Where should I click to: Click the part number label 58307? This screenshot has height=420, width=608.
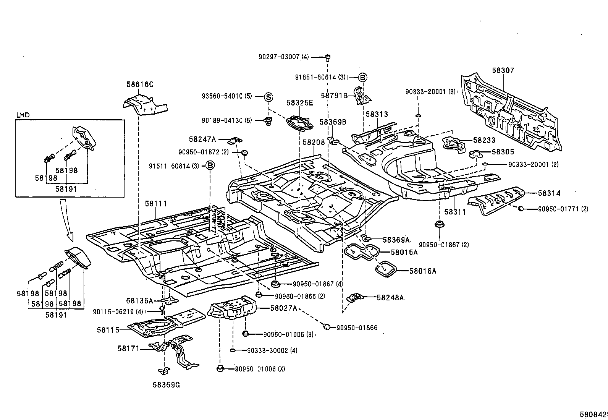pos(503,70)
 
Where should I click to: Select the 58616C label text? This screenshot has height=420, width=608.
pos(140,84)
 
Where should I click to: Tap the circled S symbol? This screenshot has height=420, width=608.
pos(268,97)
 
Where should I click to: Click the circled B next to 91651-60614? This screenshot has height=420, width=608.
pos(362,77)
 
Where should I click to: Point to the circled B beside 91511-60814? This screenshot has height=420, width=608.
pos(210,165)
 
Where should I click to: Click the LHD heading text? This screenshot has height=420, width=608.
pos(23,115)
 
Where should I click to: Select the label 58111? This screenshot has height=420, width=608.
pos(156,204)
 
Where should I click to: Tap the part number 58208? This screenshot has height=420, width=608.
pos(314,142)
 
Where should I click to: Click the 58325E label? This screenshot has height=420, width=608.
pos(299,103)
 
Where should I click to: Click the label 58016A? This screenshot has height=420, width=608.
pos(422,271)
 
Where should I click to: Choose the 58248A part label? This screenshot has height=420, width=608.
pos(390,297)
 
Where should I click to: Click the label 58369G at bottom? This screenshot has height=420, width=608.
pos(166,384)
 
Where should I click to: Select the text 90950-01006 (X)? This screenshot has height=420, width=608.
pos(260,369)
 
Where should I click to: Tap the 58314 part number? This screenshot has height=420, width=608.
pos(549,193)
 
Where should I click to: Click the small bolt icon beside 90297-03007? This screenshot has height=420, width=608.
pos(327,58)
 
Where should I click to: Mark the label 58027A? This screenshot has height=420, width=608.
pos(283,308)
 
